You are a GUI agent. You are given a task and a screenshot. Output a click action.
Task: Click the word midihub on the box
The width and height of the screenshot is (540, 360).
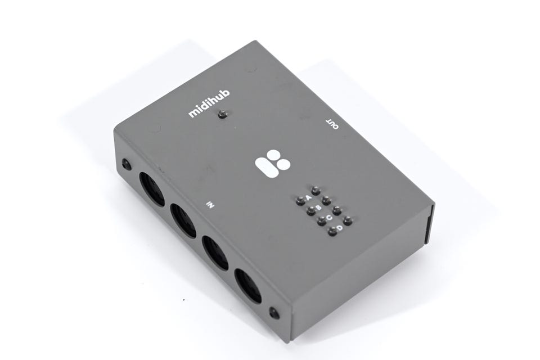point(209,103)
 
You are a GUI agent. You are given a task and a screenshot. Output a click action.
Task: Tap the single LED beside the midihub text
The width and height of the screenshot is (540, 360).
point(223,114)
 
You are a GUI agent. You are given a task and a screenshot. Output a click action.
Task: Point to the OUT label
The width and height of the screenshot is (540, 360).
point(332,124)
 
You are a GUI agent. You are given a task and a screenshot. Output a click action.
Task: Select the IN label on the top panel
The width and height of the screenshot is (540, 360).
point(210,205)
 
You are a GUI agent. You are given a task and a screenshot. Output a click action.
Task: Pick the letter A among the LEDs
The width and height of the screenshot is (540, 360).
point(309,197)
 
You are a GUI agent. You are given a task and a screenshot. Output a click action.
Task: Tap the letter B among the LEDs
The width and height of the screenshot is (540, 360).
point(318,208)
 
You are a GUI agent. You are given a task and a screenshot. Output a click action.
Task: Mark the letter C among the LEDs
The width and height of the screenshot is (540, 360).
point(329,217)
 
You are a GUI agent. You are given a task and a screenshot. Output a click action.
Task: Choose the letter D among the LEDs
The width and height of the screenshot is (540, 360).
point(340,228)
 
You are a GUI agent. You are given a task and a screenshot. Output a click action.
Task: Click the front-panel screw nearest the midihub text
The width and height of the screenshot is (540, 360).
point(127,164)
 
